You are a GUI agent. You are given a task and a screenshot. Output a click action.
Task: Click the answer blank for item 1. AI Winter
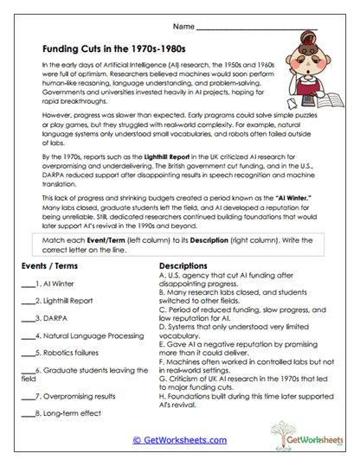(x=27, y=284)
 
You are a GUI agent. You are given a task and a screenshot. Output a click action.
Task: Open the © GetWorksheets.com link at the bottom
(x=179, y=440)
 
